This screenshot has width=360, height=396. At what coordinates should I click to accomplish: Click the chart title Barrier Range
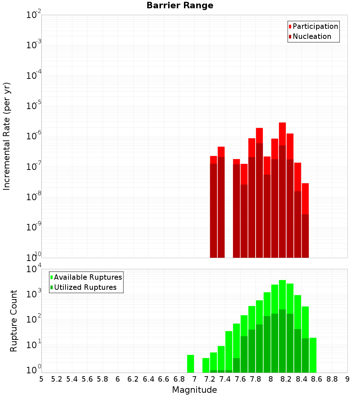click(x=180, y=6)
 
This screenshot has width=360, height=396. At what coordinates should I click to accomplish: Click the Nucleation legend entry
click(x=311, y=37)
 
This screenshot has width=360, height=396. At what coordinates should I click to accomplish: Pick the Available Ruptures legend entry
click(x=87, y=278)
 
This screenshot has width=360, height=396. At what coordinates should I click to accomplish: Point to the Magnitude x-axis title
click(x=194, y=390)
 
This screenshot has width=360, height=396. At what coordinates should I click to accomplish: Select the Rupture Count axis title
click(x=14, y=321)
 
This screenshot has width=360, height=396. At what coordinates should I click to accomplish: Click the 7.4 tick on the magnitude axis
click(x=225, y=379)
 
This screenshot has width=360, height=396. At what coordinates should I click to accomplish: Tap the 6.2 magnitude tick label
click(x=133, y=379)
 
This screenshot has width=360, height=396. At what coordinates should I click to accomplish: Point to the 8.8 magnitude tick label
click(x=332, y=379)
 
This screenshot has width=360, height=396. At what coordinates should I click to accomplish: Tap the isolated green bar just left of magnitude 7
click(x=190, y=364)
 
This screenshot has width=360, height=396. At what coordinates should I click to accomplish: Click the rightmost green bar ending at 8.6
click(x=313, y=355)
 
